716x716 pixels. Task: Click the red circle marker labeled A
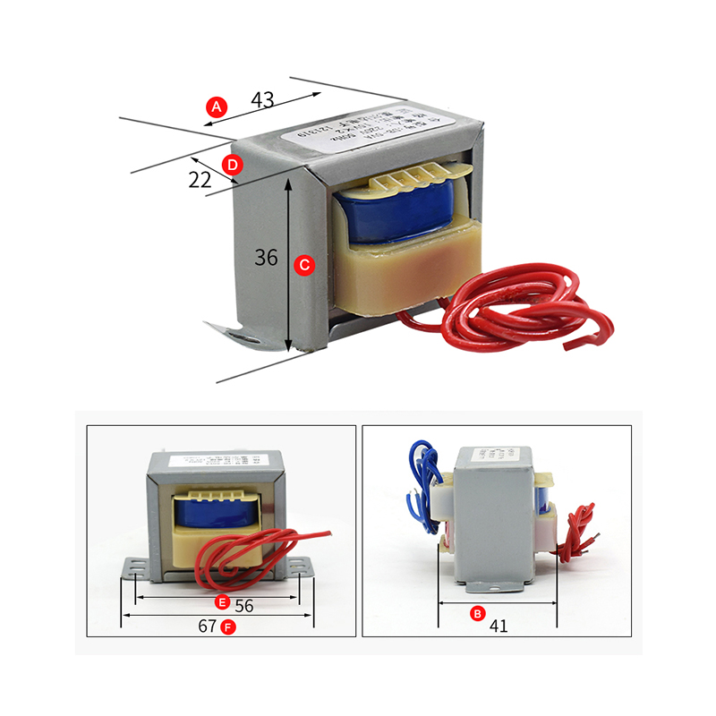point(216,107)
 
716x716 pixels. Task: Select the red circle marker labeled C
point(304,265)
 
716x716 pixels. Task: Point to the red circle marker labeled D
point(232,165)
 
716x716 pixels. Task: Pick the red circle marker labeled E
point(223,601)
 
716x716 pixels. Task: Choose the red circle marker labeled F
point(228,626)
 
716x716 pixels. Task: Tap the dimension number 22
point(200,180)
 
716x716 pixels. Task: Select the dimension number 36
point(266,258)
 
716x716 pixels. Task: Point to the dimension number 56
point(244,605)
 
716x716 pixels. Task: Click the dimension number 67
point(207,626)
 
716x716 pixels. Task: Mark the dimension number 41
point(499,626)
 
